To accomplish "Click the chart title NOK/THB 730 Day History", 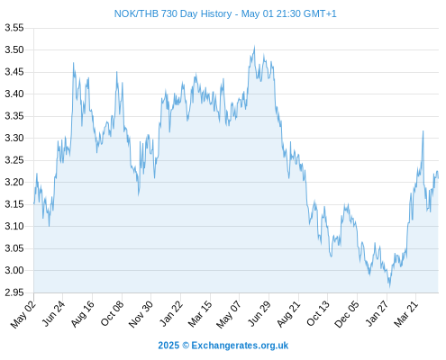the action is click(x=173, y=13).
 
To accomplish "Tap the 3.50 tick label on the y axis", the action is click(x=14, y=49).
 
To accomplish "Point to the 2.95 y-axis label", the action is click(x=14, y=292).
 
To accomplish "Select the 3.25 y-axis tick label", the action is click(x=14, y=160).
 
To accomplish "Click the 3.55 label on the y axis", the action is click(x=14, y=28).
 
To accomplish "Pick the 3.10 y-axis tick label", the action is click(x=14, y=226).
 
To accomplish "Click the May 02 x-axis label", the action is click(x=23, y=314).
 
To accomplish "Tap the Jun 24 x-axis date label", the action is click(x=53, y=313).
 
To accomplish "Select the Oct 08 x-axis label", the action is click(x=112, y=313).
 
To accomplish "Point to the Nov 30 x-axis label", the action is click(x=141, y=314).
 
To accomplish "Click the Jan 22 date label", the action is click(x=171, y=313).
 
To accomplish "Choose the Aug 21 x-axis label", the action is click(x=288, y=314).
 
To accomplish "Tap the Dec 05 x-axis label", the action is click(x=347, y=314).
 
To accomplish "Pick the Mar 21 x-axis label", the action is click(x=405, y=314).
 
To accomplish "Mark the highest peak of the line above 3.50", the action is click(x=254, y=46).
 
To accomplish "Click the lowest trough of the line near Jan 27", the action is click(x=389, y=286).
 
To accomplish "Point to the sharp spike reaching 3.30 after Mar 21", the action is click(x=423, y=131).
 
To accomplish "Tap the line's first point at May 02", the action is click(x=34, y=203).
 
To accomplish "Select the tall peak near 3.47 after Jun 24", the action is click(x=73, y=63).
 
